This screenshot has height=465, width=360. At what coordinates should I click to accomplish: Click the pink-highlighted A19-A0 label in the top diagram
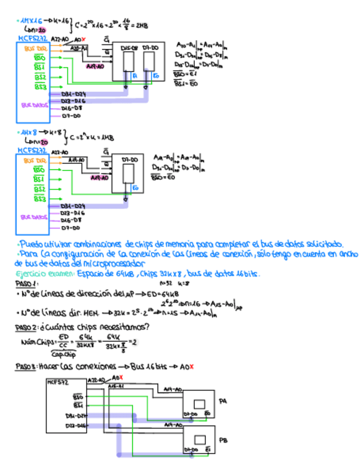(x=97, y=66)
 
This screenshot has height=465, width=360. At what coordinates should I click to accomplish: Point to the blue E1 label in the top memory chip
(x=134, y=77)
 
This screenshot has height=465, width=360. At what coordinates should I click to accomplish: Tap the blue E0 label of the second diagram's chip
(x=134, y=188)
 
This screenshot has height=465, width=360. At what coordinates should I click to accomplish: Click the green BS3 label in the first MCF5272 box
(x=40, y=87)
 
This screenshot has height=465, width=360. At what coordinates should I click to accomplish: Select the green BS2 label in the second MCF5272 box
(x=40, y=189)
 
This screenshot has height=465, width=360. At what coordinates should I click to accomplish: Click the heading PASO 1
(x=26, y=283)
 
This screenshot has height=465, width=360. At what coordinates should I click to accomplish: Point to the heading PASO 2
(x=26, y=327)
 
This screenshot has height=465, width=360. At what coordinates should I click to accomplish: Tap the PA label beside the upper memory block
(x=222, y=401)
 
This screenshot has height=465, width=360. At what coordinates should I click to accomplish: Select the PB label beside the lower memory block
(x=223, y=440)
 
